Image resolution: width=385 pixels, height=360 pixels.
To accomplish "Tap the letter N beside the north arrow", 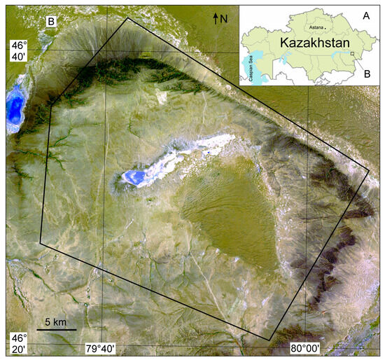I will click(224, 19).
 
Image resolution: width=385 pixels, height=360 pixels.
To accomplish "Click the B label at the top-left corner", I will click(50, 22).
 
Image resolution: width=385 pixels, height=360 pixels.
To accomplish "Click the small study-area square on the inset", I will click(352, 53).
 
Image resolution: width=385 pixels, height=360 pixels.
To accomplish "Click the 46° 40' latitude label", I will click(17, 51).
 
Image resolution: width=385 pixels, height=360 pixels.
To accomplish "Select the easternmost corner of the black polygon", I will click(369, 169).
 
